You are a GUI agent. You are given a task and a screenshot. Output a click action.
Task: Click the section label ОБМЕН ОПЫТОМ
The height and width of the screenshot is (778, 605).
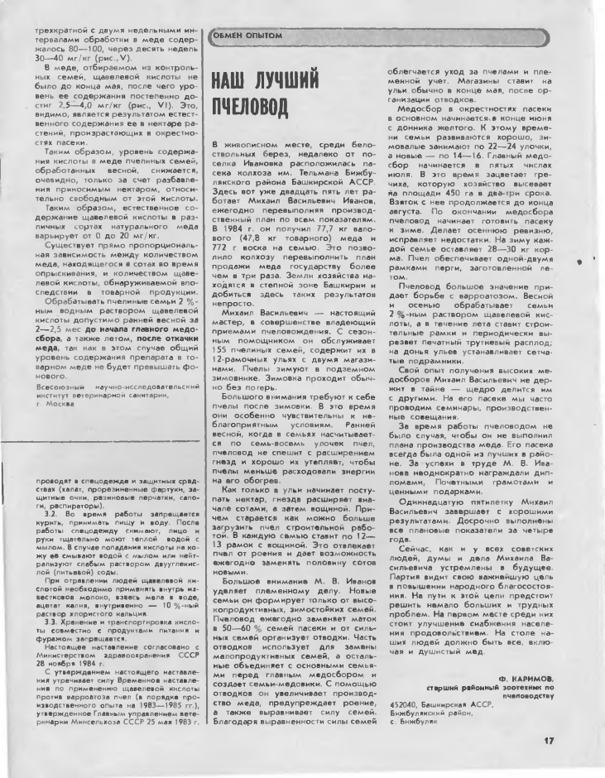pos(247,36)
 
